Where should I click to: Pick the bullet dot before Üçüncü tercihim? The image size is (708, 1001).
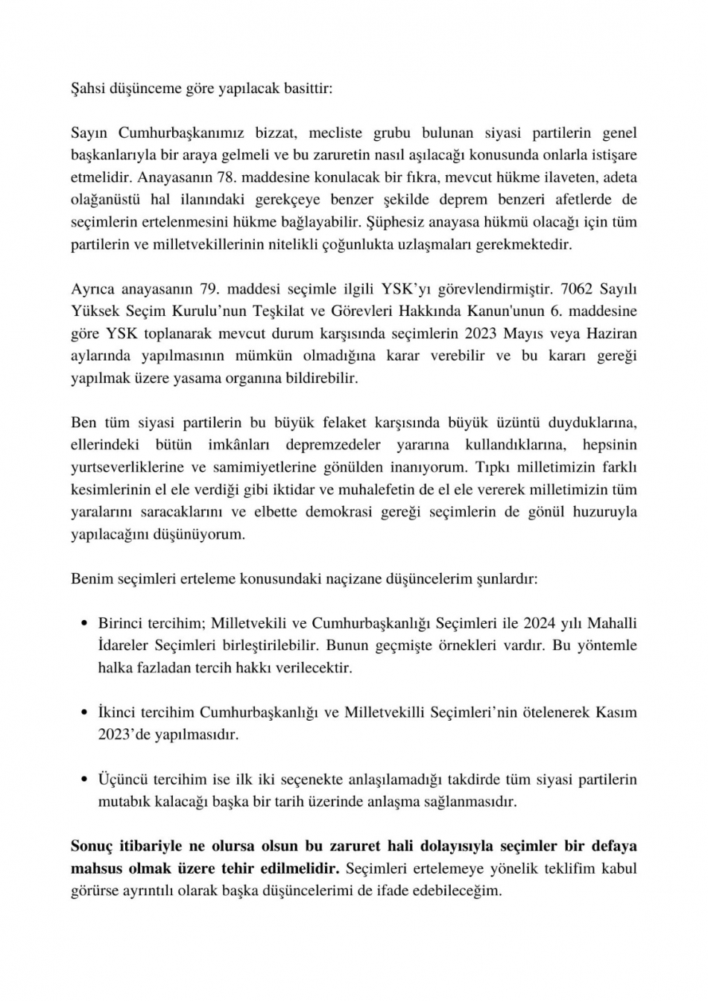pos(84,780)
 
